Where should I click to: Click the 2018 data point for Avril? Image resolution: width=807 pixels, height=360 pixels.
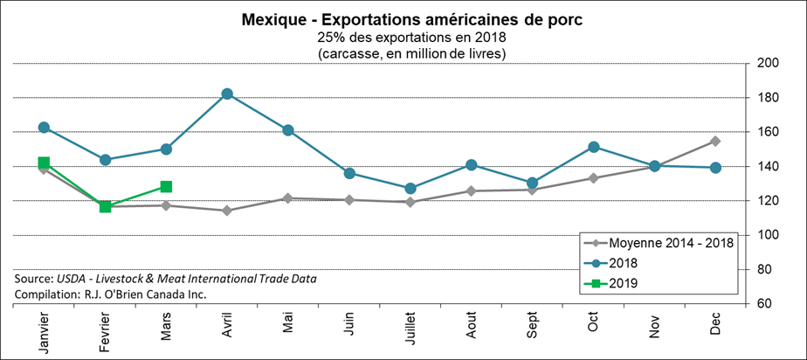point(227,93)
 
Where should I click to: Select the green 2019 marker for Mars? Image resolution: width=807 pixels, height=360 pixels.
point(166,186)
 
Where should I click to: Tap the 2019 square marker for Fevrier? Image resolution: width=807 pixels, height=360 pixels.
point(105,206)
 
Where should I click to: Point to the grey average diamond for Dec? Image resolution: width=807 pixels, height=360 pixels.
point(714,141)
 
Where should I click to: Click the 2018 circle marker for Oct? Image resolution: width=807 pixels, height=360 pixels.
point(593,147)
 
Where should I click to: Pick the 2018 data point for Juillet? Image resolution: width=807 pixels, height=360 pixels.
point(410,188)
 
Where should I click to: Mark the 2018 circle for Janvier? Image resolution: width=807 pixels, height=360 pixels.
point(44,128)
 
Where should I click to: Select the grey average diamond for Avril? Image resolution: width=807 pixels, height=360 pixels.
point(227,211)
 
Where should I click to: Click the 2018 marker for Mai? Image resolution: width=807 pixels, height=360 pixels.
point(288,130)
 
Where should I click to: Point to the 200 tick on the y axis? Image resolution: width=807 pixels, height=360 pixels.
point(768,64)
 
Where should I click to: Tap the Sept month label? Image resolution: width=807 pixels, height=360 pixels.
point(532,333)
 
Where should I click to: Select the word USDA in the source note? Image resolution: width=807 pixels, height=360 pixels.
point(73,278)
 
